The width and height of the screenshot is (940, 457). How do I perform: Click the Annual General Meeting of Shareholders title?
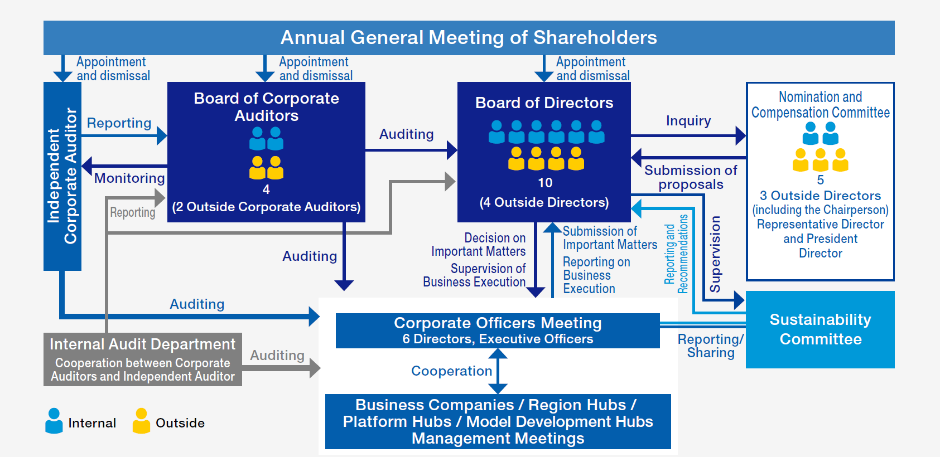(469, 38)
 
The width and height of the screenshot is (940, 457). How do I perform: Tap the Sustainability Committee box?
(820, 329)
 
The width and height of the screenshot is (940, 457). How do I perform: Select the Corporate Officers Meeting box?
(498, 330)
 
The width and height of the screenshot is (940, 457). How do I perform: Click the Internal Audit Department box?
(142, 359)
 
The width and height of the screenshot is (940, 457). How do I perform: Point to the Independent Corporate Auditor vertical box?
(62, 176)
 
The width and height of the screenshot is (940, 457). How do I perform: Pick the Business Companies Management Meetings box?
(498, 421)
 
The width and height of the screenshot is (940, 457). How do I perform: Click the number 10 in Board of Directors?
(545, 183)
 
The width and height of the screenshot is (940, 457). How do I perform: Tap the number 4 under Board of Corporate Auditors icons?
(266, 189)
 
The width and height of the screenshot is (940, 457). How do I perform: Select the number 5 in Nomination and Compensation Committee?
(820, 180)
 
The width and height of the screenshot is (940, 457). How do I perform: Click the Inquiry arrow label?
(688, 121)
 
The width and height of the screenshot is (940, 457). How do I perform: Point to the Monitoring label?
(129, 178)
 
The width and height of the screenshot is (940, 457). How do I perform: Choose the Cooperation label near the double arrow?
(452, 371)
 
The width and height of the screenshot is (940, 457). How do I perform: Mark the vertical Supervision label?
(715, 254)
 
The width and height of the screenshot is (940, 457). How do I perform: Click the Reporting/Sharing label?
(710, 346)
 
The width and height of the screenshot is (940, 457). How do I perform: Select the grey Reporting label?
(133, 212)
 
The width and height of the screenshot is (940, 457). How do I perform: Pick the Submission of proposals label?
(691, 177)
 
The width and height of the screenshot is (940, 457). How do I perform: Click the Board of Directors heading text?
(544, 103)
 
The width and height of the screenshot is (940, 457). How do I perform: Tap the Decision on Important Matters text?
(479, 245)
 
